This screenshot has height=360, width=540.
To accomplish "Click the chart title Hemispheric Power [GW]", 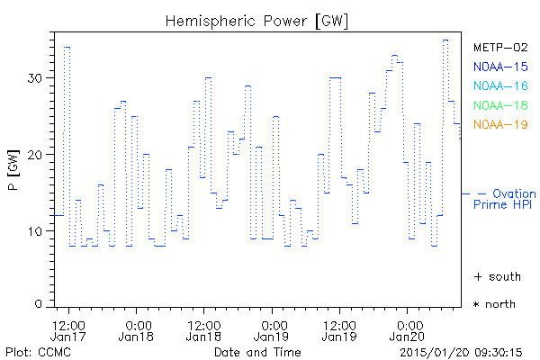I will [x=257, y=20].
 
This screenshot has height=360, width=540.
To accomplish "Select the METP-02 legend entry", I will [x=499, y=47].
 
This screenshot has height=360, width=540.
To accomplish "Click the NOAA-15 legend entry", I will [x=499, y=67].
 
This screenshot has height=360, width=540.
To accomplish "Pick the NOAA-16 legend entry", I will [x=499, y=86].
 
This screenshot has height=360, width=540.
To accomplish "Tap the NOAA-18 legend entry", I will [x=499, y=105].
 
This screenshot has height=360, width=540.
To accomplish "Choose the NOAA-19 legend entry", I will [x=499, y=124].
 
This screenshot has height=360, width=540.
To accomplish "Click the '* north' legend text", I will [x=494, y=304].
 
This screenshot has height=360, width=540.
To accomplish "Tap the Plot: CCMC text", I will [x=35, y=351].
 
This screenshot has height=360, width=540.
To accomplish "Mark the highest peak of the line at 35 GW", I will [x=445, y=40].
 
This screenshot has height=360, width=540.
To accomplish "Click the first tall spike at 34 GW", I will [x=67, y=47].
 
